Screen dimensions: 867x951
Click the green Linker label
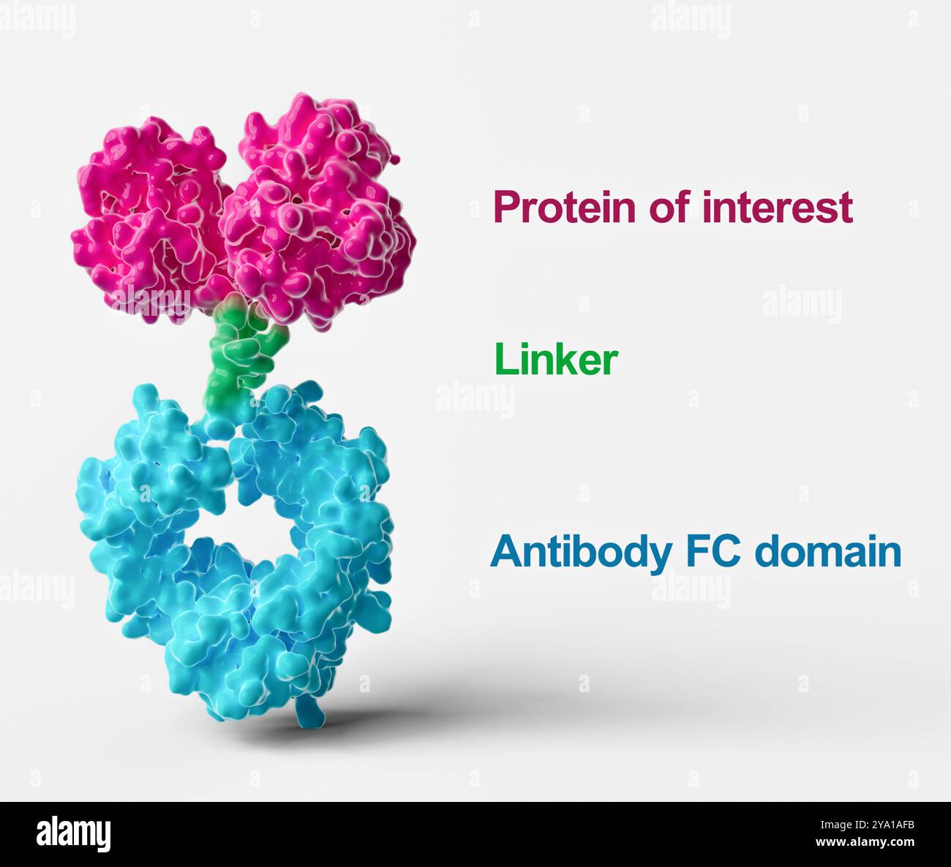tap(556, 360)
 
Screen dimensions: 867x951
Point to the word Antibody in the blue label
tap(579, 552)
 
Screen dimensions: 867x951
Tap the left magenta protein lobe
tap(150, 219)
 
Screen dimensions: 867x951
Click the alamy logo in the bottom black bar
tap(73, 834)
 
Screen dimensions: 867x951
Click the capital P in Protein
tap(505, 208)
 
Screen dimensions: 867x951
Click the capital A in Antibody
tap(505, 552)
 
